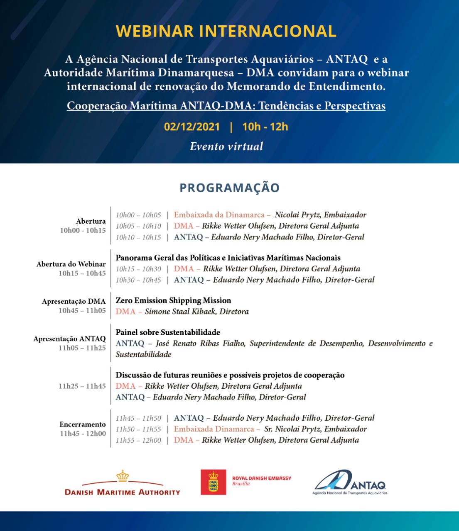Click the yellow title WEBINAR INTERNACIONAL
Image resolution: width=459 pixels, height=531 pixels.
coord(226,32)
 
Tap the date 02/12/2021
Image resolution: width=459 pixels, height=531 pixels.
coord(192,127)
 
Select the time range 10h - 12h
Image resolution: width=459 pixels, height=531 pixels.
coord(265,127)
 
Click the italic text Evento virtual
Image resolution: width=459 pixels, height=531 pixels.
coord(226,146)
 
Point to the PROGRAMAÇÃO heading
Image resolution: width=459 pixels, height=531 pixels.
coord(229,188)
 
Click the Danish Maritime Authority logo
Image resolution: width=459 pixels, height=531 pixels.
coord(123,484)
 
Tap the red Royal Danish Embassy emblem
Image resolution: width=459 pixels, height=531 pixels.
coord(213,482)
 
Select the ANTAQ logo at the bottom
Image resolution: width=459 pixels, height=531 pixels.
coord(350,482)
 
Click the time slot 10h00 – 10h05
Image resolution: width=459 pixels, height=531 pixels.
coord(138,215)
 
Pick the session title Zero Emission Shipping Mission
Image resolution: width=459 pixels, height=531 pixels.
coord(173,300)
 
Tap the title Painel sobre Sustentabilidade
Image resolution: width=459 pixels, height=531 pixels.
coord(168,332)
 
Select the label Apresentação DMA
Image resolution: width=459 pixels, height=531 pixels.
coord(74,301)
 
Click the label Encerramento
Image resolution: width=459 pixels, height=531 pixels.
coord(82,424)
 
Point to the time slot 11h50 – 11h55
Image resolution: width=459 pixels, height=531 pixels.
coord(138,429)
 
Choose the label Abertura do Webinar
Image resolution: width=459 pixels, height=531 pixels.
coord(71,264)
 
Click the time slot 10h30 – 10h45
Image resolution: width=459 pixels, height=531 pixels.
coord(138,280)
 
